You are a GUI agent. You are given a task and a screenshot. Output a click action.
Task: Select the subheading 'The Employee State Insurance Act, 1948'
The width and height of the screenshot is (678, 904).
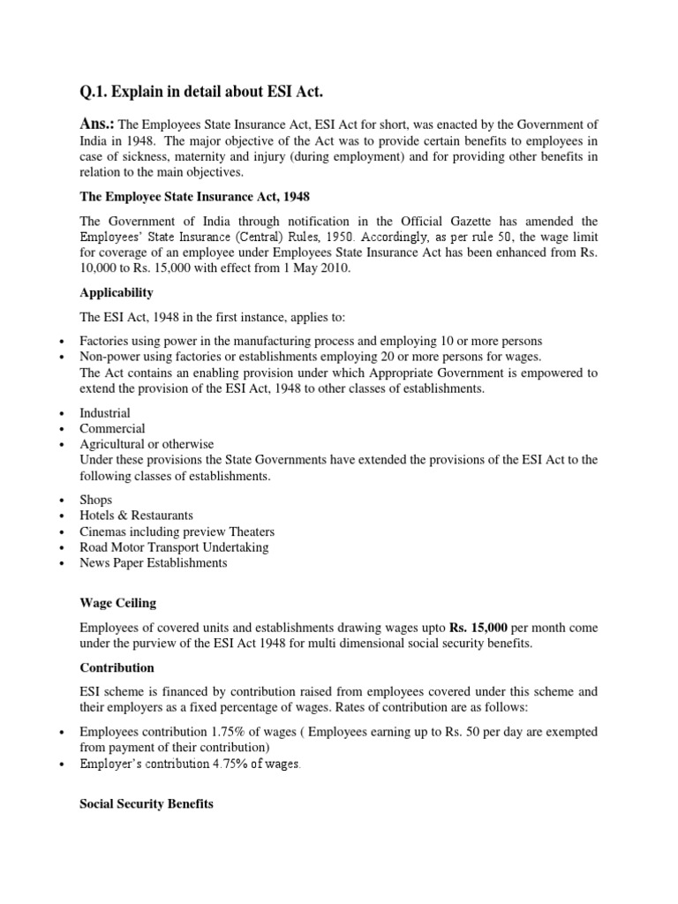click(192, 196)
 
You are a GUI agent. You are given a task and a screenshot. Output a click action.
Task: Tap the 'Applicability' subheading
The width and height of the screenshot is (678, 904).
click(116, 292)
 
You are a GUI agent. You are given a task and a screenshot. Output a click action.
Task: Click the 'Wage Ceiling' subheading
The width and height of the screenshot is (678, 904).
click(117, 603)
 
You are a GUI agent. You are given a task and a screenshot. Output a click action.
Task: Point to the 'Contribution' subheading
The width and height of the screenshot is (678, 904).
click(117, 667)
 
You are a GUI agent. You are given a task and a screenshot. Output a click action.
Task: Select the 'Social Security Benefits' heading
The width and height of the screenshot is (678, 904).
click(147, 806)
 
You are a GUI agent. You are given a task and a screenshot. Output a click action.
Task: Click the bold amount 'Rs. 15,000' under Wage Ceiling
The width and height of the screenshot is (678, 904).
click(478, 628)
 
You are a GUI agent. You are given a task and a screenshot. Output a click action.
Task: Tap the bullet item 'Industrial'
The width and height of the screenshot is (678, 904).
click(105, 412)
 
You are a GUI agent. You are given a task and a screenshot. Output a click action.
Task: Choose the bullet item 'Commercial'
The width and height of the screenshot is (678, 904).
click(112, 428)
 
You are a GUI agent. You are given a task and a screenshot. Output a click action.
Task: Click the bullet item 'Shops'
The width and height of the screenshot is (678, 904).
click(96, 500)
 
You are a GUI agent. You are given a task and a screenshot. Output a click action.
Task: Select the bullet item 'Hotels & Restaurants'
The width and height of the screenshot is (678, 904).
click(136, 516)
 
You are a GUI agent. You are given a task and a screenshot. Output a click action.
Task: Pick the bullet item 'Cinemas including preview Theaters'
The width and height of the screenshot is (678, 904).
click(177, 531)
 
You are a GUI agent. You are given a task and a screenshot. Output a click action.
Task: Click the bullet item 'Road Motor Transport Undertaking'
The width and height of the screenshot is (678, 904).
click(174, 547)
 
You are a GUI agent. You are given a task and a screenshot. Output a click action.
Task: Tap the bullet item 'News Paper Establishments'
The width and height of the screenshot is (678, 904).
click(153, 563)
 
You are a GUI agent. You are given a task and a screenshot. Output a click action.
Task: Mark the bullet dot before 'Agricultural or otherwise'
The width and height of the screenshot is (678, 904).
click(61, 445)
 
